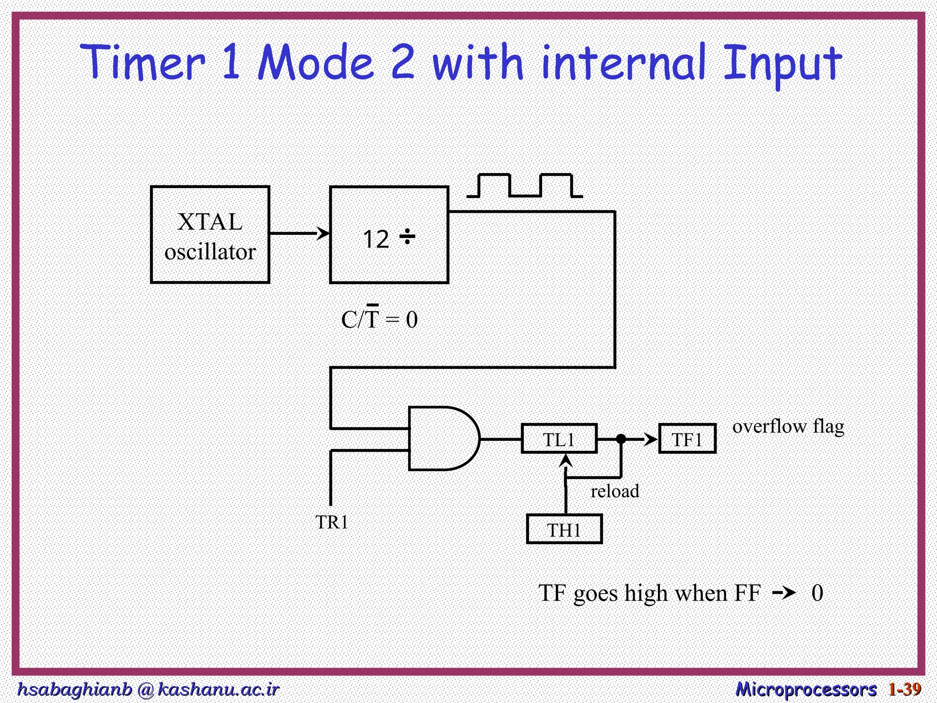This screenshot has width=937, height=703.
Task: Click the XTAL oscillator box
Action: pos(210,235)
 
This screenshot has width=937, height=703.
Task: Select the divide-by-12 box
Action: pos(389,235)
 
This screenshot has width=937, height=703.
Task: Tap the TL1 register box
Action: pos(559,439)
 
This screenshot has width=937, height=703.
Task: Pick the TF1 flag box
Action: pos(687,439)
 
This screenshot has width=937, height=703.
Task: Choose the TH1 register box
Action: pos(564,530)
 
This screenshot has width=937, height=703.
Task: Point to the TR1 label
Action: pos(332,522)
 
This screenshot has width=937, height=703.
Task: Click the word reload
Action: pos(614,491)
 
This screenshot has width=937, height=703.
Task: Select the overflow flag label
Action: pos(788,426)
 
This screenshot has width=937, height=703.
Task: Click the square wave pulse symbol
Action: pos(524,186)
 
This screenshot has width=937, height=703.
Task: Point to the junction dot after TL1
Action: pos(621,439)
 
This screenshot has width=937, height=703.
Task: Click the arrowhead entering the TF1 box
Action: pos(652,439)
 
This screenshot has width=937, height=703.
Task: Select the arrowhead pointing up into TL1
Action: pos(566,460)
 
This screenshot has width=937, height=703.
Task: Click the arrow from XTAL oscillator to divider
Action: pos(299,233)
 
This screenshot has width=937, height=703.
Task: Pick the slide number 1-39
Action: pos(905,689)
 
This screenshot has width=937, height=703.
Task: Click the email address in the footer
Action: pos(148,689)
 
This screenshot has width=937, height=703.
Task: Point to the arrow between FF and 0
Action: pos(784,593)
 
